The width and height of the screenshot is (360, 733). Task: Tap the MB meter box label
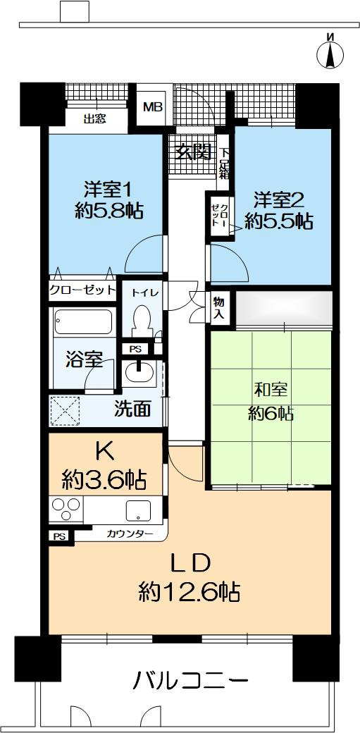[151, 107]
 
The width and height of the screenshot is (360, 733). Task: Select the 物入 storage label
[218, 307]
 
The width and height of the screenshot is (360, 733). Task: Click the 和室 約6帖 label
[271, 402]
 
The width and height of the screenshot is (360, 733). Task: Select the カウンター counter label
[130, 534]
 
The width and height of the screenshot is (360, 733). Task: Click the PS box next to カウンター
[59, 536]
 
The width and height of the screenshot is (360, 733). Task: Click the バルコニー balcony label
[191, 681]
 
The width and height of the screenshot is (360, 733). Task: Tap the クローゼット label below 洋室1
[82, 290]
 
